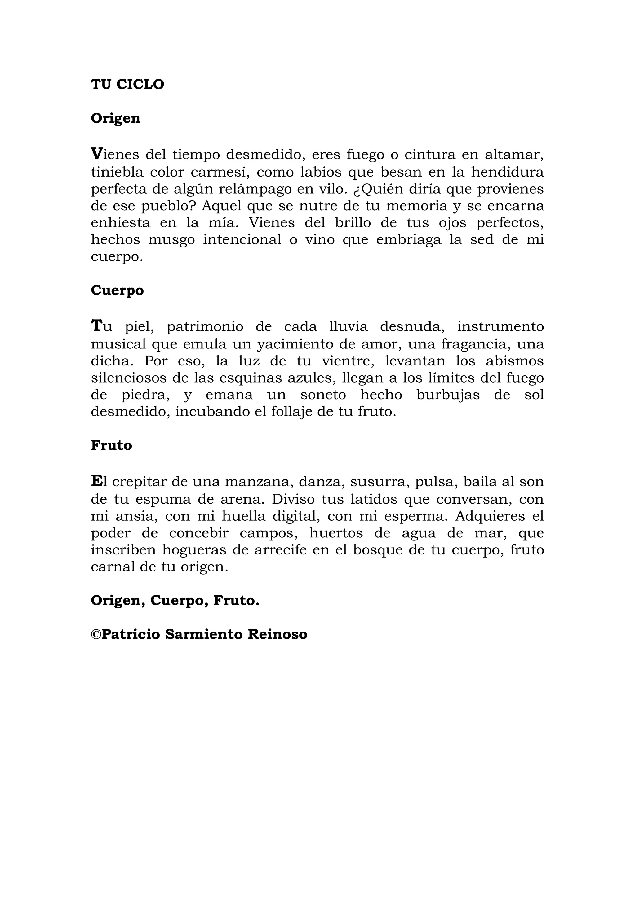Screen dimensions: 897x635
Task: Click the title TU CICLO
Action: tap(127, 84)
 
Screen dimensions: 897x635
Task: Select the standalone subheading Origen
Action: tap(115, 118)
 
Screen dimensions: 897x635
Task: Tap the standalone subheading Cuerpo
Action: tap(117, 290)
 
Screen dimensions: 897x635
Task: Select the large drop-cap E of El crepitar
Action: tap(96, 481)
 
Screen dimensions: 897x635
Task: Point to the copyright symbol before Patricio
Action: tap(96, 634)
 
